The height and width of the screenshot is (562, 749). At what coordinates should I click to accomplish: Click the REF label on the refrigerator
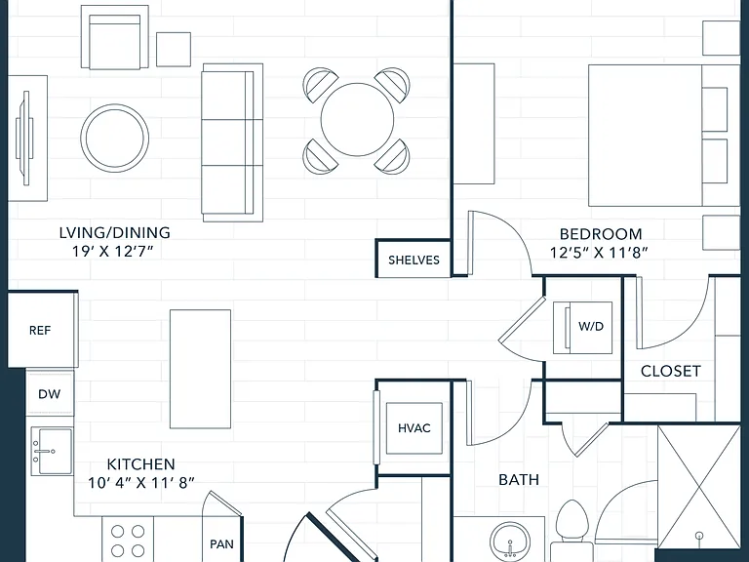point(40,330)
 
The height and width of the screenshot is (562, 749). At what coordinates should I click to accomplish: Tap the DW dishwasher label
point(50,394)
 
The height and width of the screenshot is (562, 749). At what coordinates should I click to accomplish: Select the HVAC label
point(414,428)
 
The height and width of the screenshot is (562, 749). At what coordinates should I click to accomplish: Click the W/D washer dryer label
point(591,327)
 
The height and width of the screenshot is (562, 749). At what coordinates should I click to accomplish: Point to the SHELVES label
point(414,260)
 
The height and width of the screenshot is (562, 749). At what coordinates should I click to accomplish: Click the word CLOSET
point(671,372)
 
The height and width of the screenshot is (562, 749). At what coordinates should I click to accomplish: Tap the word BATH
point(519,479)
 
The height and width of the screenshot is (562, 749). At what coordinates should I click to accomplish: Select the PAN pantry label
point(221,543)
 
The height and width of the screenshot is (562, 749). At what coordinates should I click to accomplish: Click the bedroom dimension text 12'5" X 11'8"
point(599,253)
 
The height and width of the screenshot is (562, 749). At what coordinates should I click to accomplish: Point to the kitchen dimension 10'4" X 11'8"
point(141,483)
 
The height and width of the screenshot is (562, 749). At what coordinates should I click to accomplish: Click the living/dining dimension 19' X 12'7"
point(114,251)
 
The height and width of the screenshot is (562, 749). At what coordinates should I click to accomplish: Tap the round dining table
point(357,119)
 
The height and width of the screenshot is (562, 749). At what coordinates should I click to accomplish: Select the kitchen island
point(201,369)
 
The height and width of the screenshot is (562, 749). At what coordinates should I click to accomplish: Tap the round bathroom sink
point(510,542)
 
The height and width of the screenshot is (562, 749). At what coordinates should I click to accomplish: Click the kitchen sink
point(52,451)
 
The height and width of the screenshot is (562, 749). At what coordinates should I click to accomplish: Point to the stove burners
point(128,541)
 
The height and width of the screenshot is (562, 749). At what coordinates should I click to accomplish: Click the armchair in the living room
point(115,37)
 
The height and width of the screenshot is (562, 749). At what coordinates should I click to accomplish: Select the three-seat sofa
point(233,142)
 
